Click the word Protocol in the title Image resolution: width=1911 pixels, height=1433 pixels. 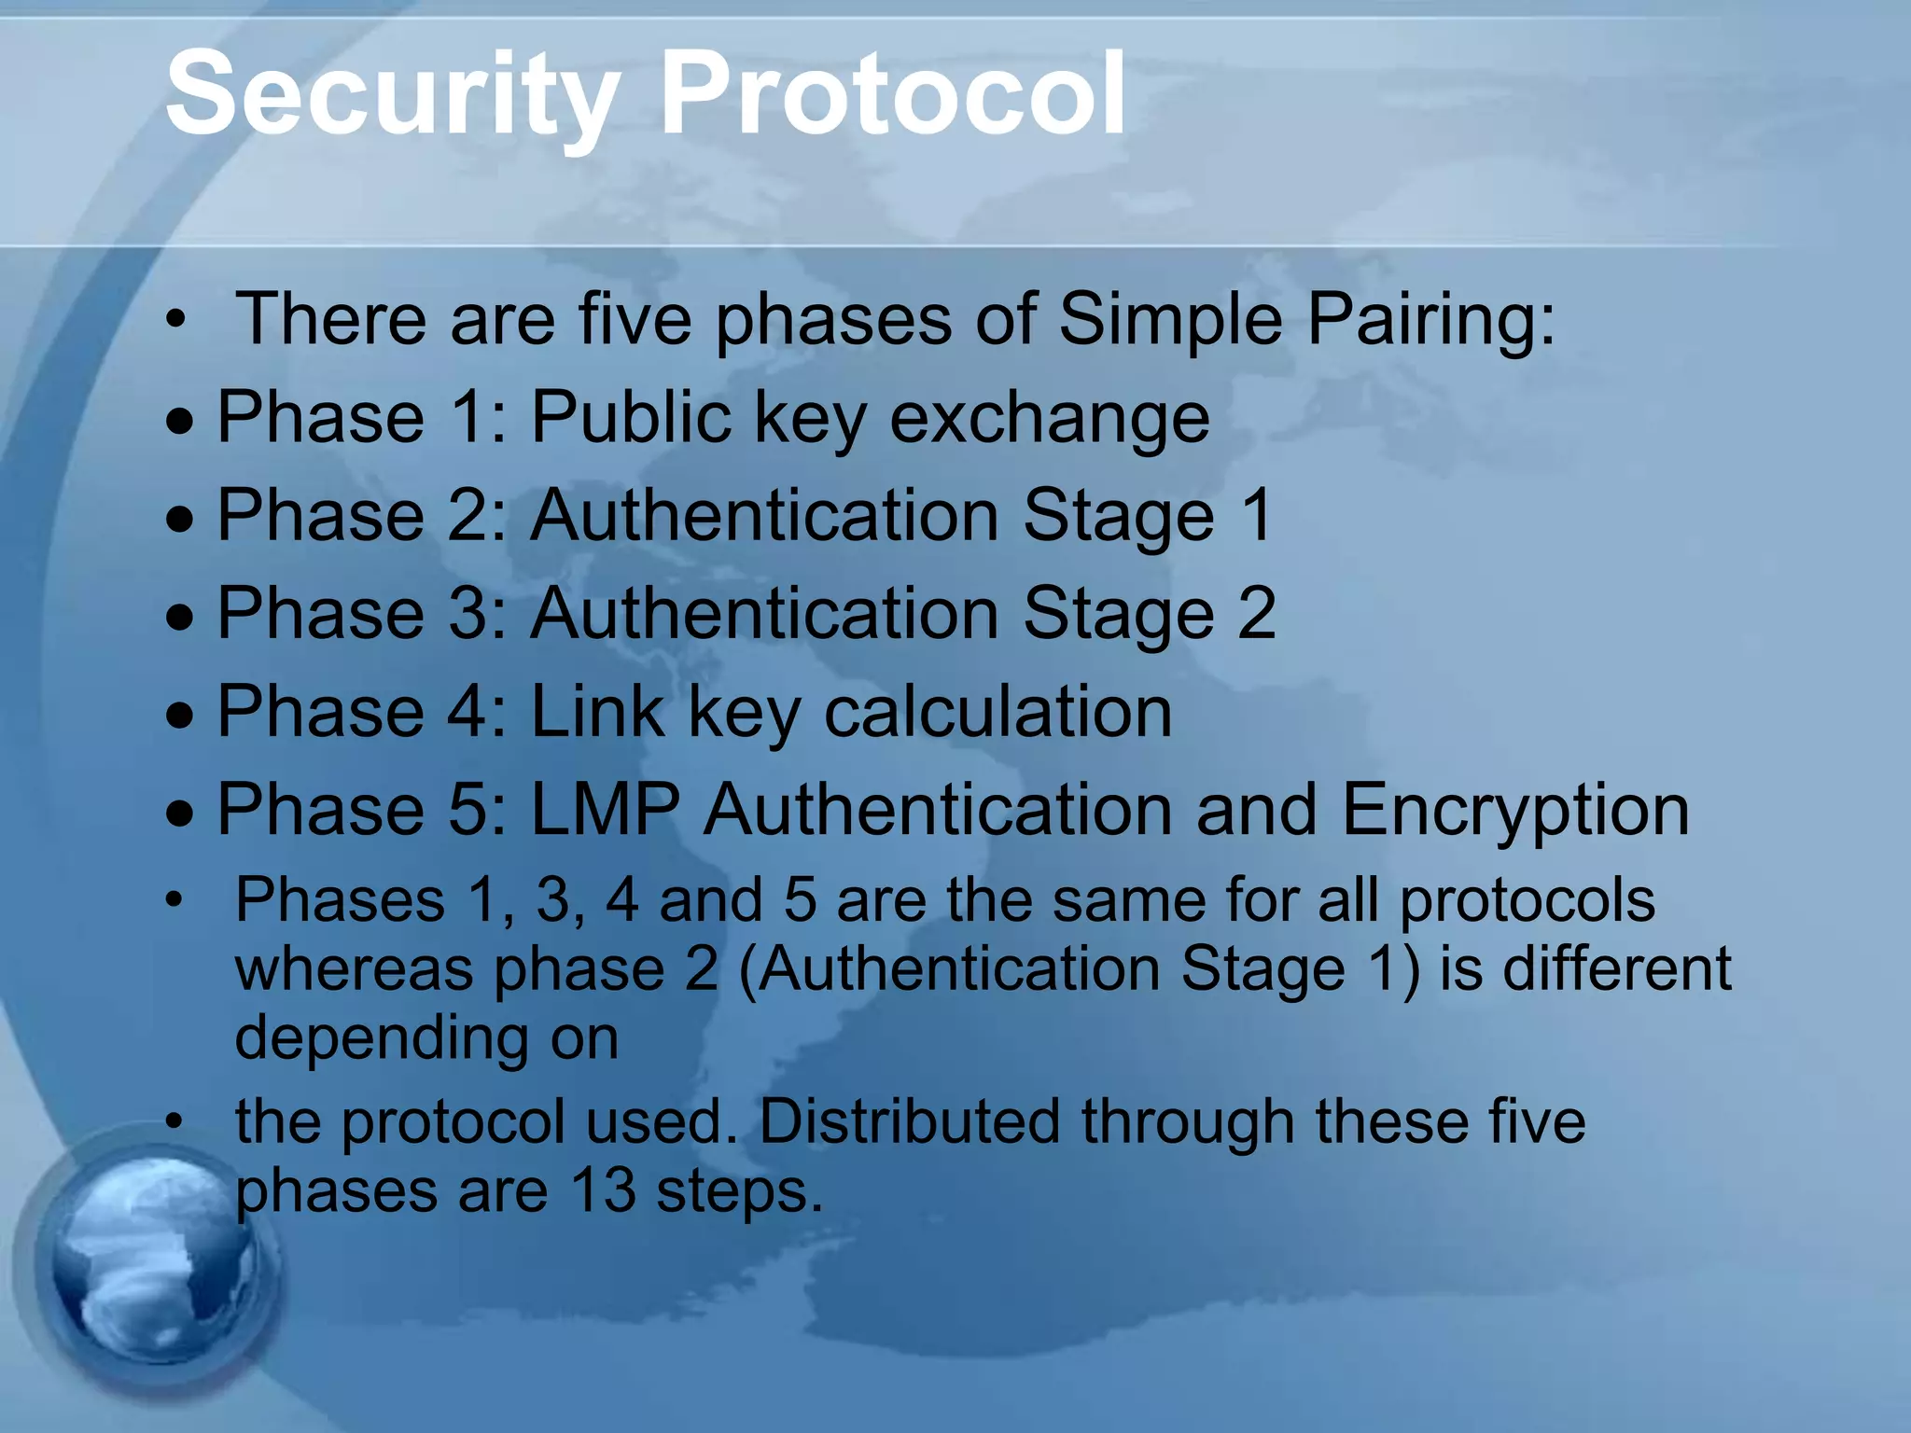893,93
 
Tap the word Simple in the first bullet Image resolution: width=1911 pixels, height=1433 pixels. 1171,319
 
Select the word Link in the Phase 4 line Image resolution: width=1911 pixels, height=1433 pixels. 597,711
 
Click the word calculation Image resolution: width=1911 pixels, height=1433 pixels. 997,711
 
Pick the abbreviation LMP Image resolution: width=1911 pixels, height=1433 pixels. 605,809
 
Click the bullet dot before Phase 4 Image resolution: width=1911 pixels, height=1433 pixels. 181,716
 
